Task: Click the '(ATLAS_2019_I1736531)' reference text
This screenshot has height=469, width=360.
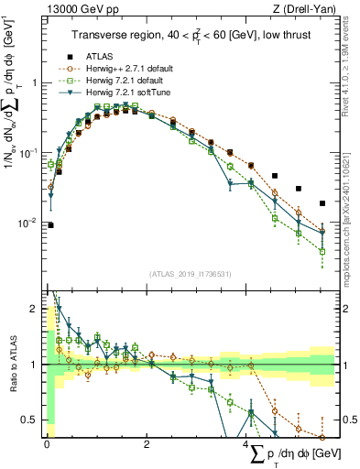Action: [x=190, y=274]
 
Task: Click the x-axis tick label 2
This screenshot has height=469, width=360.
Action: [x=147, y=444]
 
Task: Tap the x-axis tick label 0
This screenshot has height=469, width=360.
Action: [x=47, y=444]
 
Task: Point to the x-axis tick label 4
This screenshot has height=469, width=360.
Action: [x=247, y=444]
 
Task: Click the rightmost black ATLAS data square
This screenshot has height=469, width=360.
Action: [x=322, y=203]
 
